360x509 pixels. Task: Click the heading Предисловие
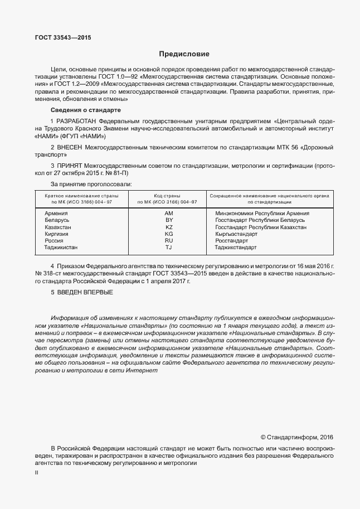(x=184, y=54)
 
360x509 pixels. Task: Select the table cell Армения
(x=56, y=214)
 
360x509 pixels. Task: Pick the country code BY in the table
(x=169, y=221)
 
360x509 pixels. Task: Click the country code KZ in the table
(x=169, y=227)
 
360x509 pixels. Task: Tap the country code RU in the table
(x=169, y=241)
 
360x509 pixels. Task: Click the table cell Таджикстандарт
(x=236, y=248)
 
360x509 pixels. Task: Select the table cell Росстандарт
(x=233, y=241)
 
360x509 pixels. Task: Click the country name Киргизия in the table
(x=57, y=234)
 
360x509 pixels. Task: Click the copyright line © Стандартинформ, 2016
(x=296, y=438)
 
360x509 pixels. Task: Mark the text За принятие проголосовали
(x=91, y=183)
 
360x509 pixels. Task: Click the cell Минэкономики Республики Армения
(x=262, y=214)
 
